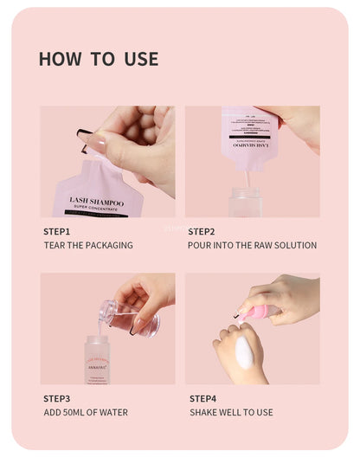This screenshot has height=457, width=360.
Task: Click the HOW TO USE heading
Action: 98,59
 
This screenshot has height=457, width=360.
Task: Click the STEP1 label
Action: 56,232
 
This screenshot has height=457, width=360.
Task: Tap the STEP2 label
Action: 202,232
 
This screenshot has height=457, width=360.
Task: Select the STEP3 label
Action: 56,398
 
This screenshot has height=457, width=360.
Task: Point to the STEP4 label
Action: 202,398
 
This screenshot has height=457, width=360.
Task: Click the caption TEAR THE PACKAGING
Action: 88,246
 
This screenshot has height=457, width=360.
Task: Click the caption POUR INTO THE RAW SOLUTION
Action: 252,246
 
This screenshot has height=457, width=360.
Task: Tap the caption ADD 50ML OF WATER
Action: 86,412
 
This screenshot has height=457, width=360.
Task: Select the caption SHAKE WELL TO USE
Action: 231,412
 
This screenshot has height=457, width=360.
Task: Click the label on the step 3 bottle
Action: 97,364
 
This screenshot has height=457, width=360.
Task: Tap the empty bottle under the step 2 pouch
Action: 245,202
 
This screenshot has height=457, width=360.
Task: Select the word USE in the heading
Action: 140,59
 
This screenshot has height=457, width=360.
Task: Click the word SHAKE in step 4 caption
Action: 203,412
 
